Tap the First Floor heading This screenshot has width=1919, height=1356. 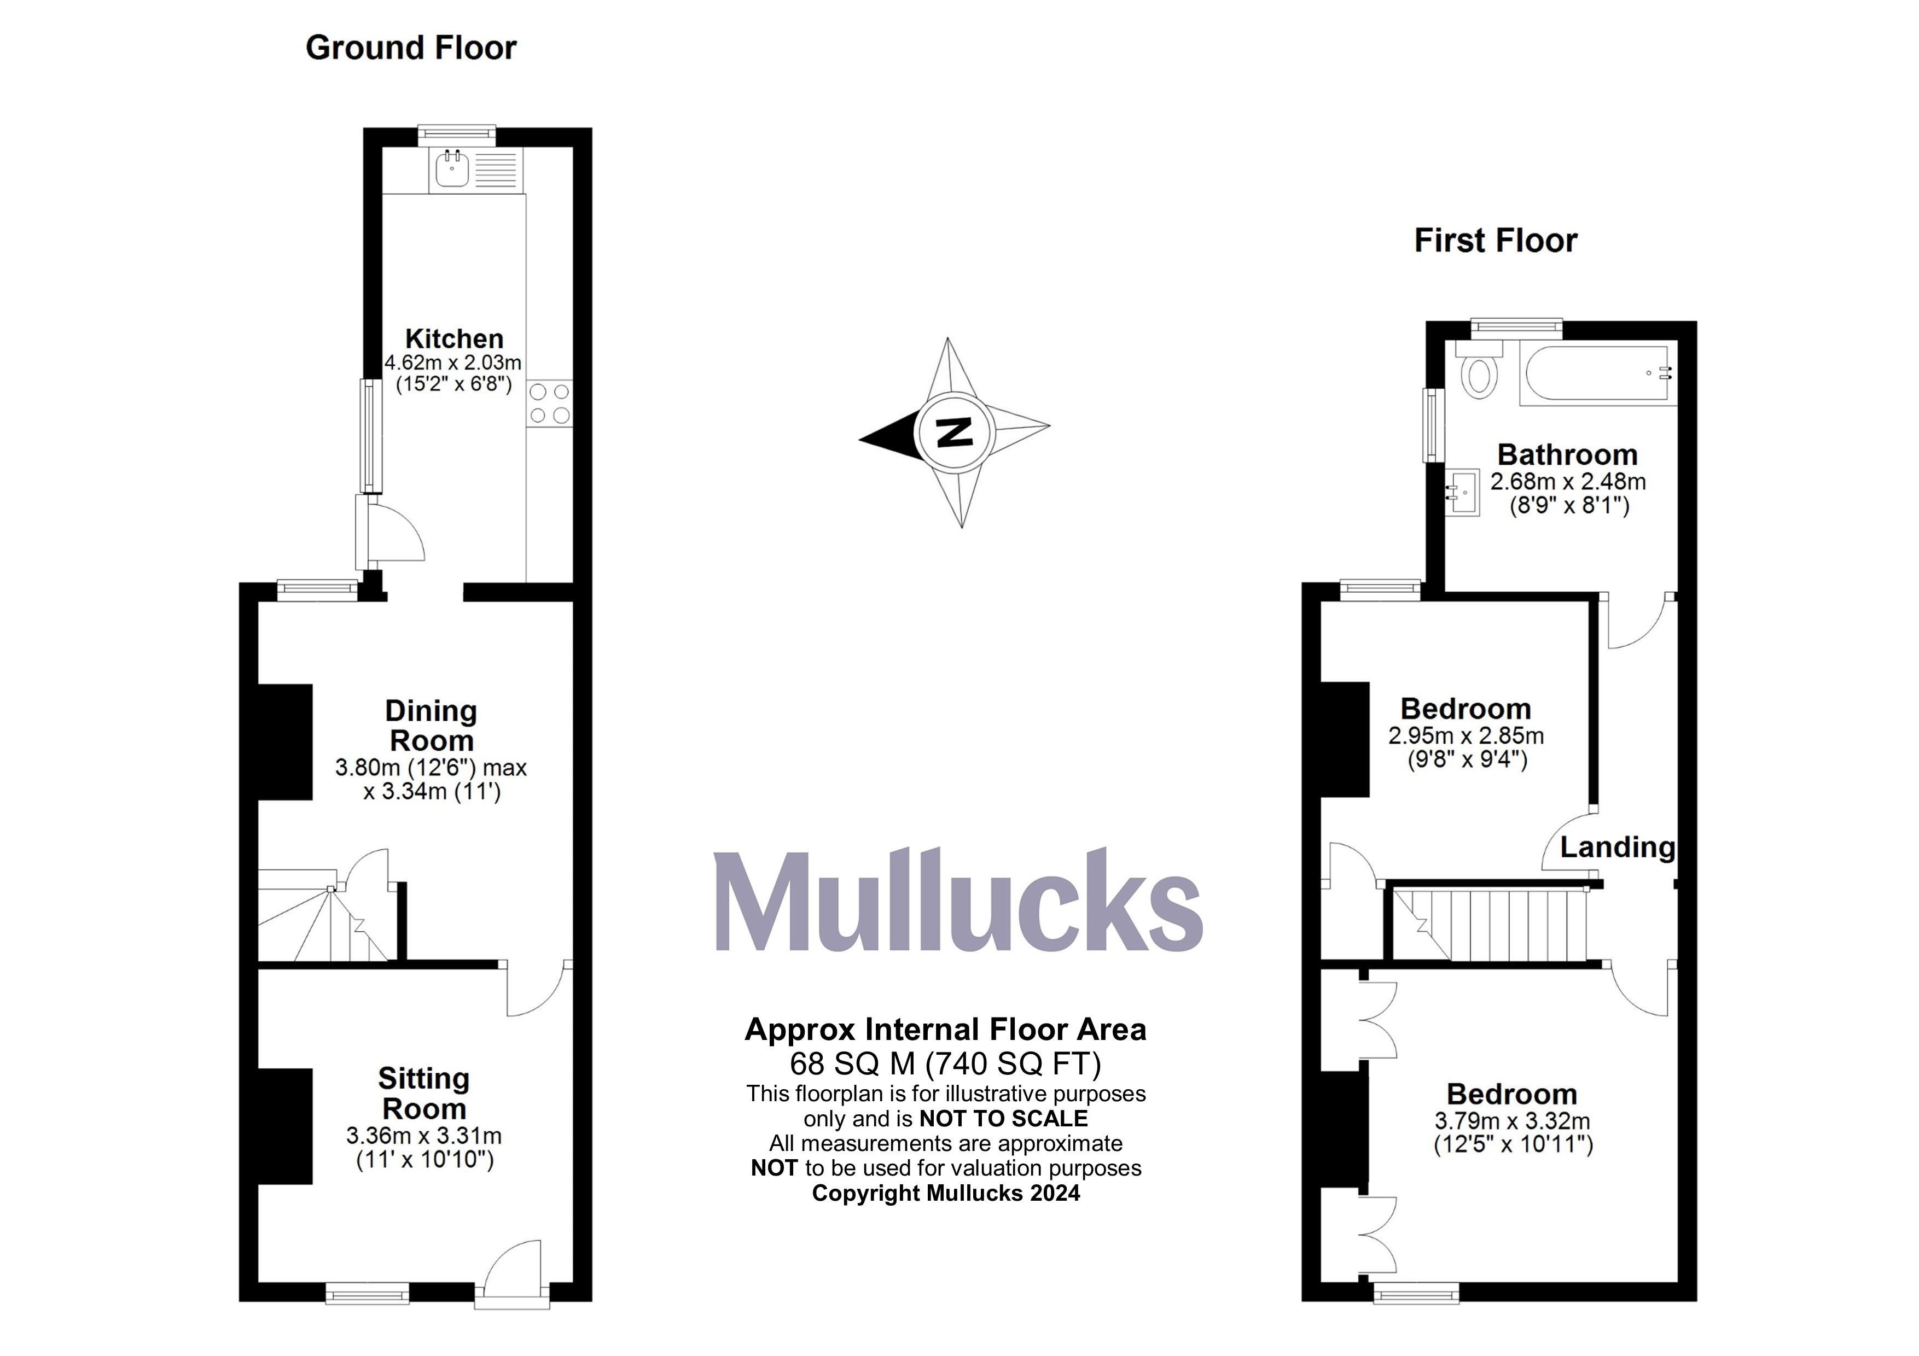coord(1495,241)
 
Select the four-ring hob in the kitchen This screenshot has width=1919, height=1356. coord(550,403)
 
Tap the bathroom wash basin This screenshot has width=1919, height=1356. coord(1463,492)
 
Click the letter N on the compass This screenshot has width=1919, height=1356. coord(953,432)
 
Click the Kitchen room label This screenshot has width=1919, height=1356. coord(454,338)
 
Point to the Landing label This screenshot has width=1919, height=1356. coord(1617,847)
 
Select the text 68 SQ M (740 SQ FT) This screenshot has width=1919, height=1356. coord(945,1063)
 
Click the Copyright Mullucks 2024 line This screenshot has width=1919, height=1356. coord(945,1193)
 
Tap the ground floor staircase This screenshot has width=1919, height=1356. coord(322,919)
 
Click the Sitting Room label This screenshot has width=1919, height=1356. coord(424,1093)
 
